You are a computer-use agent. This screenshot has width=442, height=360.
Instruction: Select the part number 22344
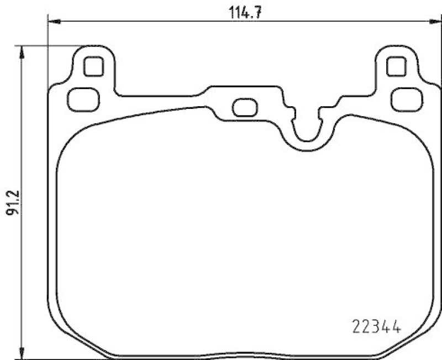(x=376, y=326)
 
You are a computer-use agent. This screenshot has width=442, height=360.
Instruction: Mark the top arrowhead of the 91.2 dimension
(x=22, y=51)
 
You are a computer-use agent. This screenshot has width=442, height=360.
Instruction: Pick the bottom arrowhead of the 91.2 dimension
(x=22, y=354)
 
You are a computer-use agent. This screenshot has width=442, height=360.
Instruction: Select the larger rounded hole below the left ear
(x=83, y=99)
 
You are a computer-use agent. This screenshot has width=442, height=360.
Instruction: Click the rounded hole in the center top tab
(x=243, y=107)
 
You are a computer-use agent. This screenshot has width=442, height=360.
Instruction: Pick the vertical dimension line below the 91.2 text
(x=22, y=288)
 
